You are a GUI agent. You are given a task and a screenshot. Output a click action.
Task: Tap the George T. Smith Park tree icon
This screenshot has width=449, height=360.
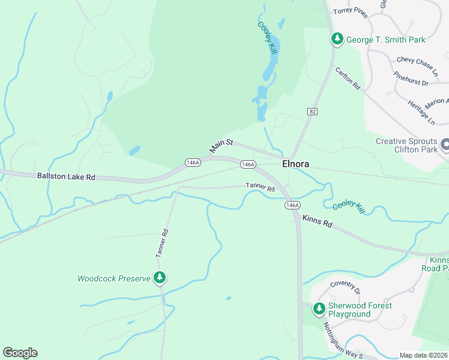click(337, 40)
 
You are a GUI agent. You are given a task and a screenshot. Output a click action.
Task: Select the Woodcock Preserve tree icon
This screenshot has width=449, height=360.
click(159, 277)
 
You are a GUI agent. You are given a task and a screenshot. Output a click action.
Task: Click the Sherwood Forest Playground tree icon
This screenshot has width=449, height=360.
click(318, 309)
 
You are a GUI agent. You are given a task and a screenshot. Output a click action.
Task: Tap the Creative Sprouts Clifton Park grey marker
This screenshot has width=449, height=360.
click(445, 145)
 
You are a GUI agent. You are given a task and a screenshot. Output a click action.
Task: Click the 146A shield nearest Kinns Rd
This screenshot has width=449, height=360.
click(292, 205)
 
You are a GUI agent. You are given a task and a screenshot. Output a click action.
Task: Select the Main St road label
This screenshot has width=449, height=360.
click(220, 146)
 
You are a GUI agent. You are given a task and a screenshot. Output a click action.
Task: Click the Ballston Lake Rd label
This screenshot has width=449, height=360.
click(66, 177)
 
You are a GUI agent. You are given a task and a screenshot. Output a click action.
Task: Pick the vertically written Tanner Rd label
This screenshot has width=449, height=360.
click(160, 243)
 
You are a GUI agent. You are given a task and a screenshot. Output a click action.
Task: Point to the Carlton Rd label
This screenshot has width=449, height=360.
click(348, 79)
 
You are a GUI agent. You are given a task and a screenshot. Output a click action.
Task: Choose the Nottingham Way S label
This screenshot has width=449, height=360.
click(343, 341)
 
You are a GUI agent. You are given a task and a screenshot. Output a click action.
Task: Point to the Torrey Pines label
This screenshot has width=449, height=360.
click(350, 11)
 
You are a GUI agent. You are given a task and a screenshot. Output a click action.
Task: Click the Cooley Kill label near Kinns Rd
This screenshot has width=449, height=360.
click(349, 206)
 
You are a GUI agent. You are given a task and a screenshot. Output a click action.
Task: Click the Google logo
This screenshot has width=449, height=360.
click(20, 353)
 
